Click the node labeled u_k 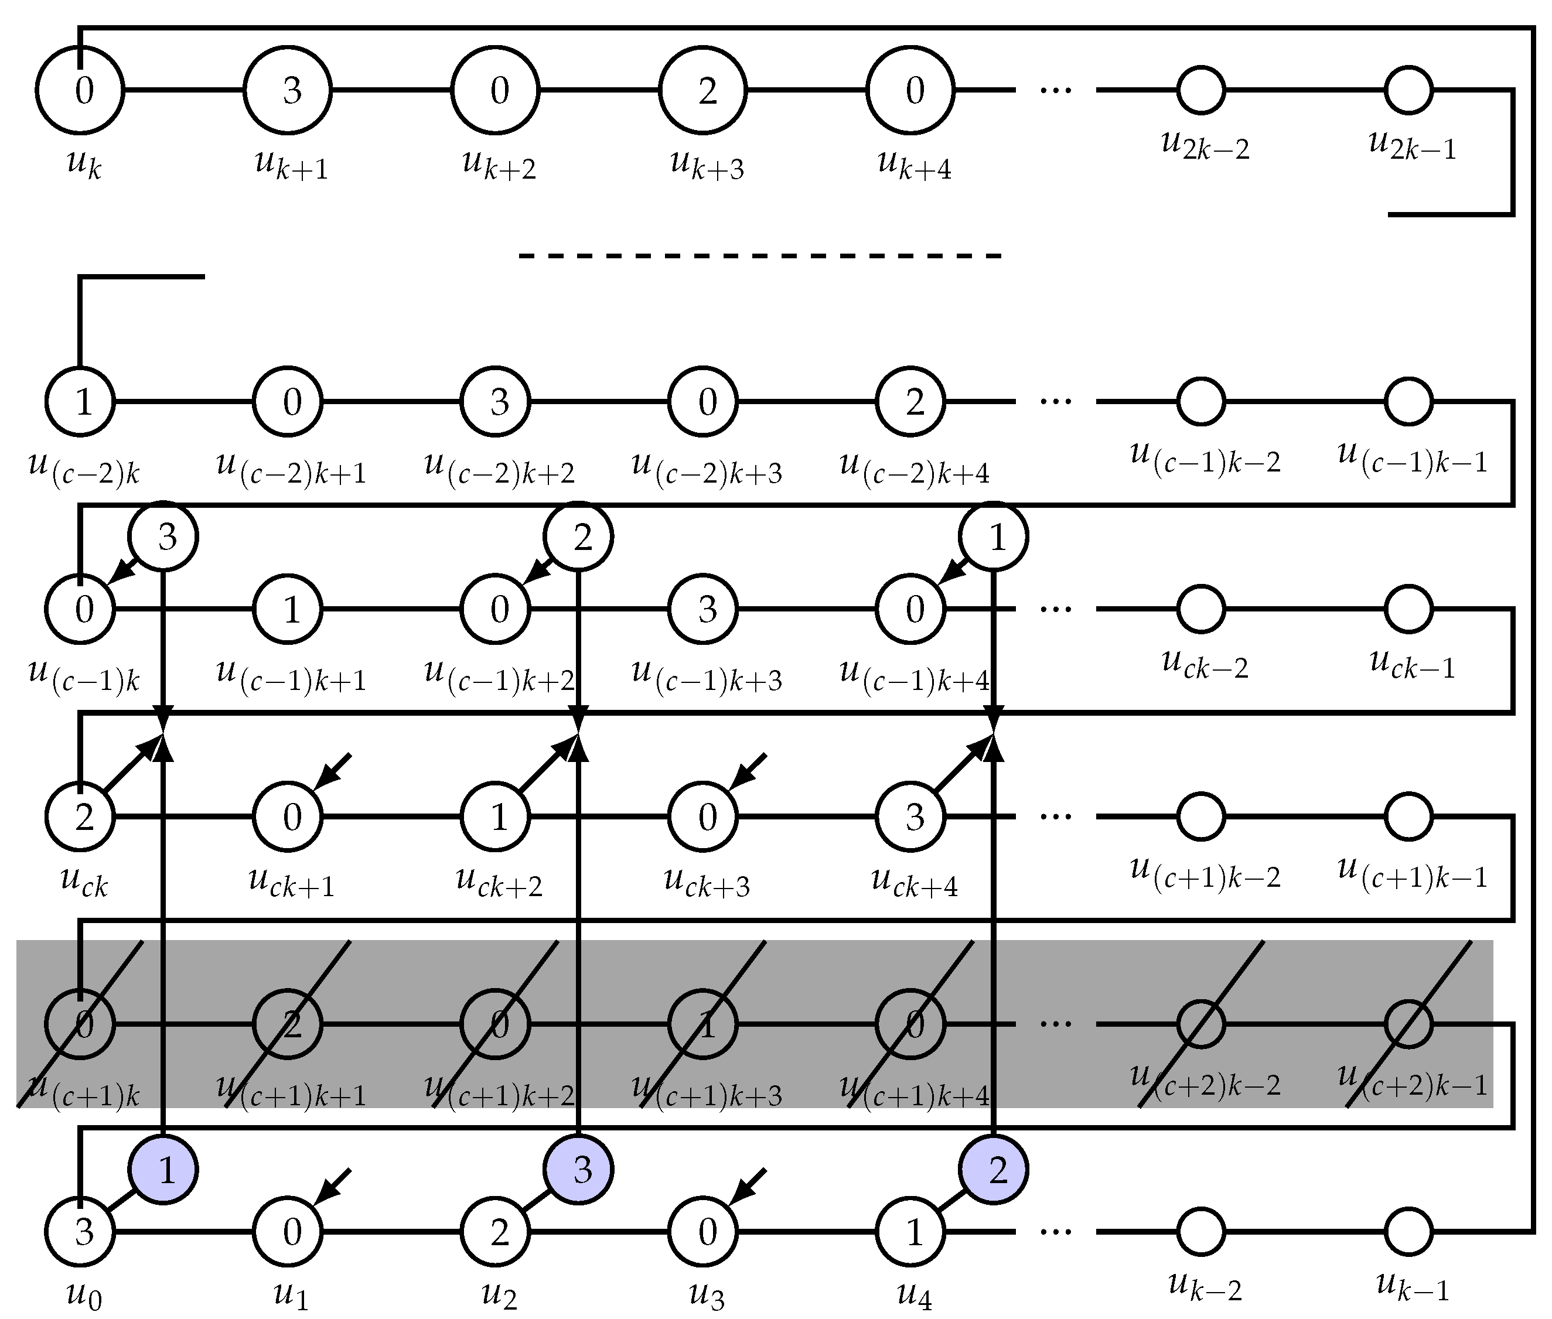coord(80,90)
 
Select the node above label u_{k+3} coord(702,90)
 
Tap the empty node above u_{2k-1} coord(1408,90)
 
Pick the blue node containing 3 coord(579,1170)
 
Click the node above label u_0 coord(80,1232)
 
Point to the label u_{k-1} coord(1412,1286)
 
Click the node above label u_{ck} coord(80,816)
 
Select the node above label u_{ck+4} coord(910,816)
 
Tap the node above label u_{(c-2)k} coord(80,402)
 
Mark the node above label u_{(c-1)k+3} coord(702,609)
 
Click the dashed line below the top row coord(759,257)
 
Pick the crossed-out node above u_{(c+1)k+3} coord(702,1024)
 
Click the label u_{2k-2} coord(1204,144)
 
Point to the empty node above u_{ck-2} coord(1201,609)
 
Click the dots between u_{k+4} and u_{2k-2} coord(1055,90)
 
